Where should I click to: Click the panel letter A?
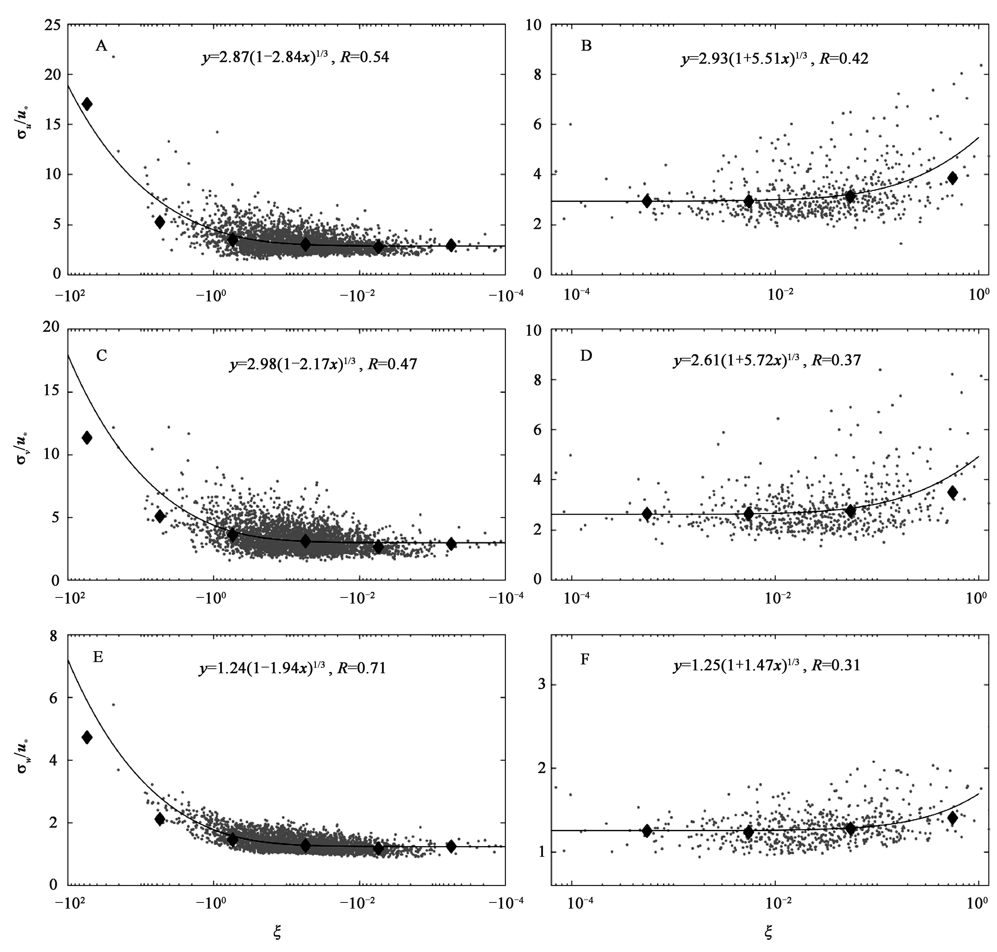click(101, 46)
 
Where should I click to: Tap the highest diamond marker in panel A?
click(87, 104)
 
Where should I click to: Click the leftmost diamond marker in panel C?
click(87, 437)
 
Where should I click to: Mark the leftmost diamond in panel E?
click(87, 737)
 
